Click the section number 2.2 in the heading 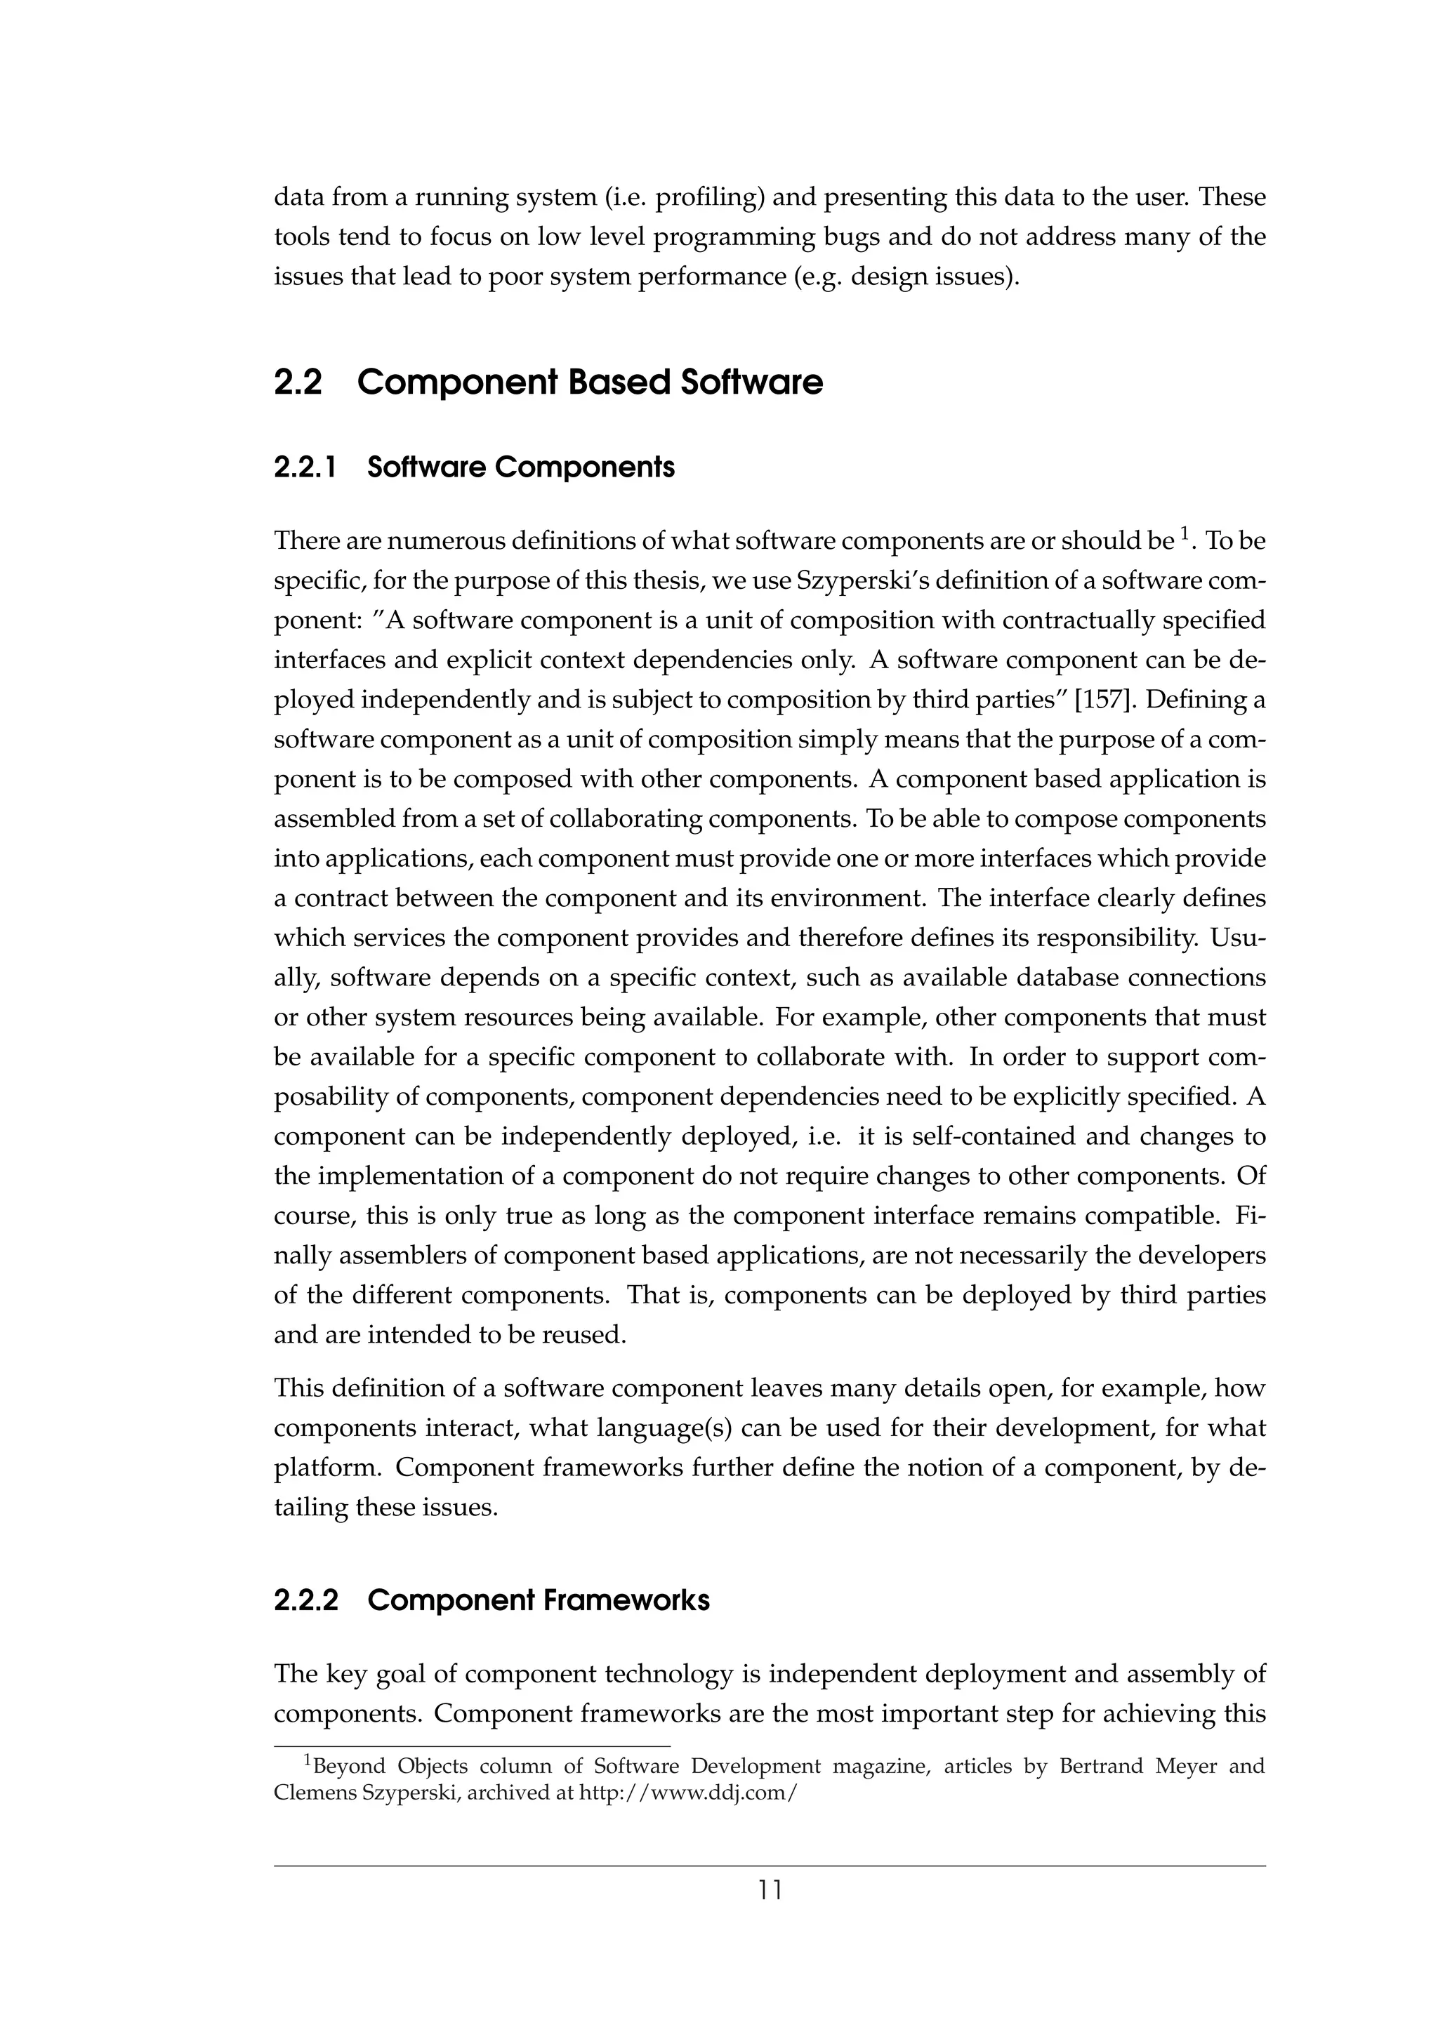(x=298, y=383)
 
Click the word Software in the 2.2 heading (x=751, y=383)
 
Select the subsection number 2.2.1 (x=305, y=467)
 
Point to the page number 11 (x=770, y=1891)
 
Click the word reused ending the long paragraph (x=588, y=1335)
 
